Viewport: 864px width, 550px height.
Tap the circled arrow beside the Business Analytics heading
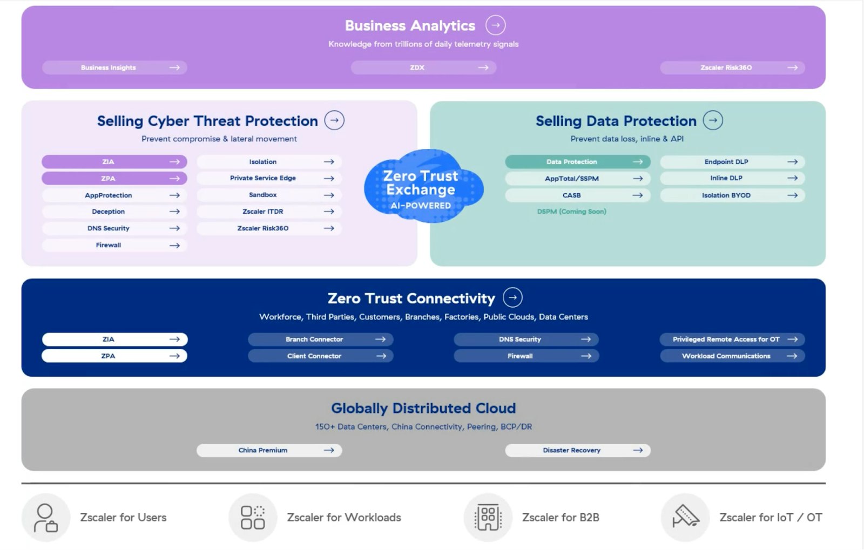[495, 25]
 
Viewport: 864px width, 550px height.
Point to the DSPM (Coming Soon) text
[571, 212]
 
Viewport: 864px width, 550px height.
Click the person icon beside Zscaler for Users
[46, 518]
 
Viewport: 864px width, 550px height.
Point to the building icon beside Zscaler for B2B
[488, 518]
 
